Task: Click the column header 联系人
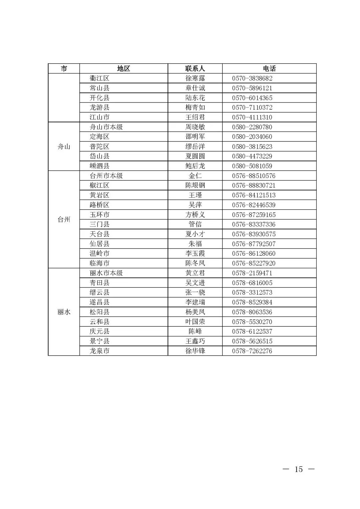(x=195, y=69)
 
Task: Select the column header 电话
(x=269, y=69)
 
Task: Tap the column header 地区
(x=123, y=69)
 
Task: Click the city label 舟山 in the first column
(x=64, y=147)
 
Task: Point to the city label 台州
(x=64, y=220)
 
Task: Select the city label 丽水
(x=64, y=312)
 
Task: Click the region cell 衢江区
(x=99, y=78)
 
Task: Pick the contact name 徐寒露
(x=195, y=78)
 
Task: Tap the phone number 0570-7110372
(x=252, y=107)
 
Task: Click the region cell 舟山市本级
(x=106, y=127)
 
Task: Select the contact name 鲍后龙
(x=195, y=166)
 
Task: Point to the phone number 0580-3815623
(x=252, y=147)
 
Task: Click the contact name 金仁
(x=195, y=176)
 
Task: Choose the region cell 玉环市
(x=99, y=215)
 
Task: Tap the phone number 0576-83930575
(x=254, y=234)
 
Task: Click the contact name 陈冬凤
(x=195, y=263)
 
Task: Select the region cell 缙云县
(x=99, y=292)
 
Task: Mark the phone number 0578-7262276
(x=252, y=351)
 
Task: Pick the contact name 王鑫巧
(x=195, y=341)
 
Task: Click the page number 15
(x=299, y=469)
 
